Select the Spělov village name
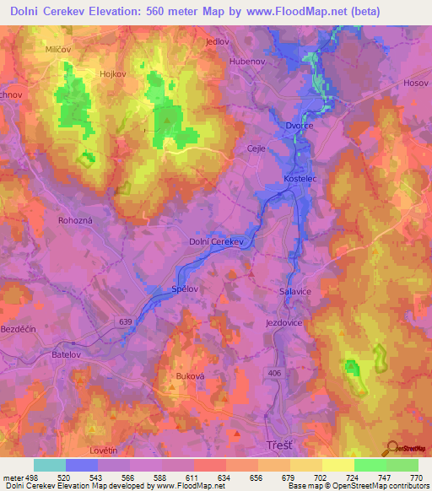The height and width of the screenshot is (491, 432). click(184, 288)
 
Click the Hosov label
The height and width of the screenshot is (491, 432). click(416, 83)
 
